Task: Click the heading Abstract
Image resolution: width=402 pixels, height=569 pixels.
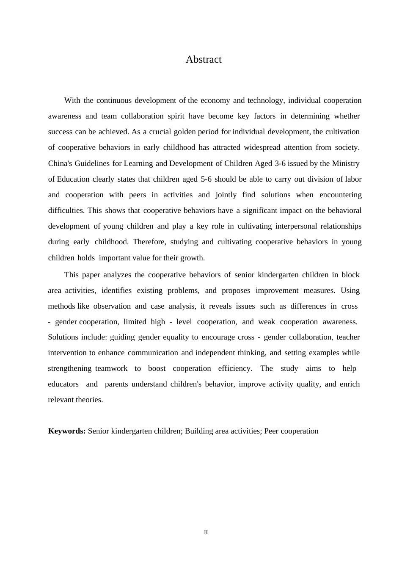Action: tap(204, 60)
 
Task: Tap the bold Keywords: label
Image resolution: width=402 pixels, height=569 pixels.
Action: tap(67, 431)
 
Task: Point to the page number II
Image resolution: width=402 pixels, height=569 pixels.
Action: tap(206, 533)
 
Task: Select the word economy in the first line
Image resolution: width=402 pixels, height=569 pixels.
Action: tap(215, 101)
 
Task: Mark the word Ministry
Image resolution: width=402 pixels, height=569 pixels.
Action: tap(346, 163)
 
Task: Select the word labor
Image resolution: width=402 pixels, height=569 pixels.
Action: tap(353, 179)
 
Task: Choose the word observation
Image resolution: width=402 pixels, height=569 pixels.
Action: tap(112, 306)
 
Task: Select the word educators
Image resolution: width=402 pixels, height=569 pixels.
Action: tap(63, 384)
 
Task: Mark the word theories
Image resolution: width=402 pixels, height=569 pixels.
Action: tap(89, 400)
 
